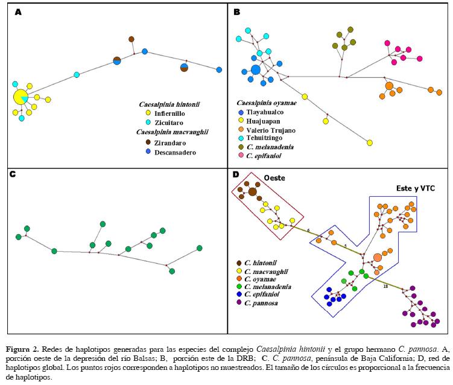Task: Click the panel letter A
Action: coord(17,11)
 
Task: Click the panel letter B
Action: coord(237,11)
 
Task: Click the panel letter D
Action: coord(236,176)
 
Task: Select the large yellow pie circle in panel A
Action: coord(21,97)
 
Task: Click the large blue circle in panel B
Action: coord(256,70)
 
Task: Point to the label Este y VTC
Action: coord(415,188)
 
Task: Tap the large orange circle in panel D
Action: coord(378,258)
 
